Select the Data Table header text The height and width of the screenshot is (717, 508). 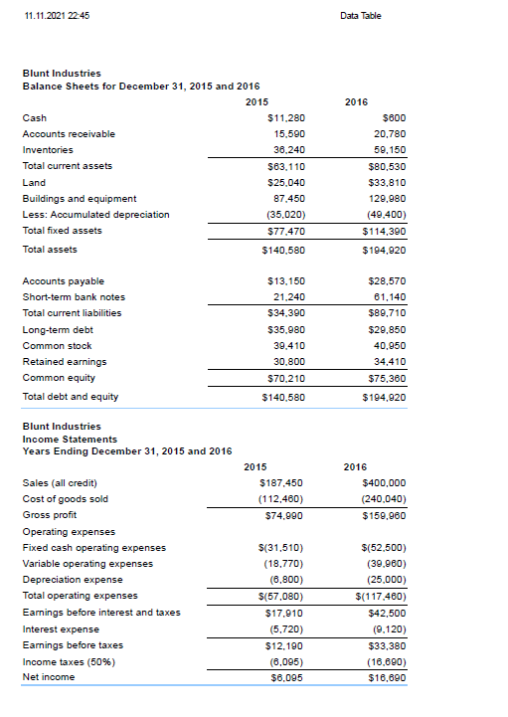point(360,15)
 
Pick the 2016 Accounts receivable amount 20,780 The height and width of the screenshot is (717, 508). point(388,133)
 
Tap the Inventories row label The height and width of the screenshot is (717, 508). point(48,149)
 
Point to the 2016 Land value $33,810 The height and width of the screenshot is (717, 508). point(386,182)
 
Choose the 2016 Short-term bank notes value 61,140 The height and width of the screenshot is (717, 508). point(388,296)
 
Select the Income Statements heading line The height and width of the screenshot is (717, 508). point(70,439)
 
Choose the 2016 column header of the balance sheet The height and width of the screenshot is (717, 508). point(356,101)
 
